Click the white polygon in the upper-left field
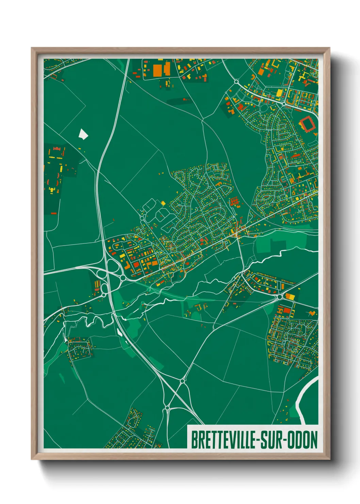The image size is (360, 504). point(83,134)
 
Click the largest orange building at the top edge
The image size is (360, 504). point(157,70)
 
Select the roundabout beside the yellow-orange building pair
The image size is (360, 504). point(280,297)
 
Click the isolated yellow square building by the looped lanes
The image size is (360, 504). point(163,203)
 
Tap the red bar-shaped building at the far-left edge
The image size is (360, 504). point(53,213)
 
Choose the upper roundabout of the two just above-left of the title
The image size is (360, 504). point(183,380)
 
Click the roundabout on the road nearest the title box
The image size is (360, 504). point(167,407)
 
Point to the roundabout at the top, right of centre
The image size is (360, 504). point(236,82)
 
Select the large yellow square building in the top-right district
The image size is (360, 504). point(279,93)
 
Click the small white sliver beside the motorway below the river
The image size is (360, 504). point(119,332)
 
